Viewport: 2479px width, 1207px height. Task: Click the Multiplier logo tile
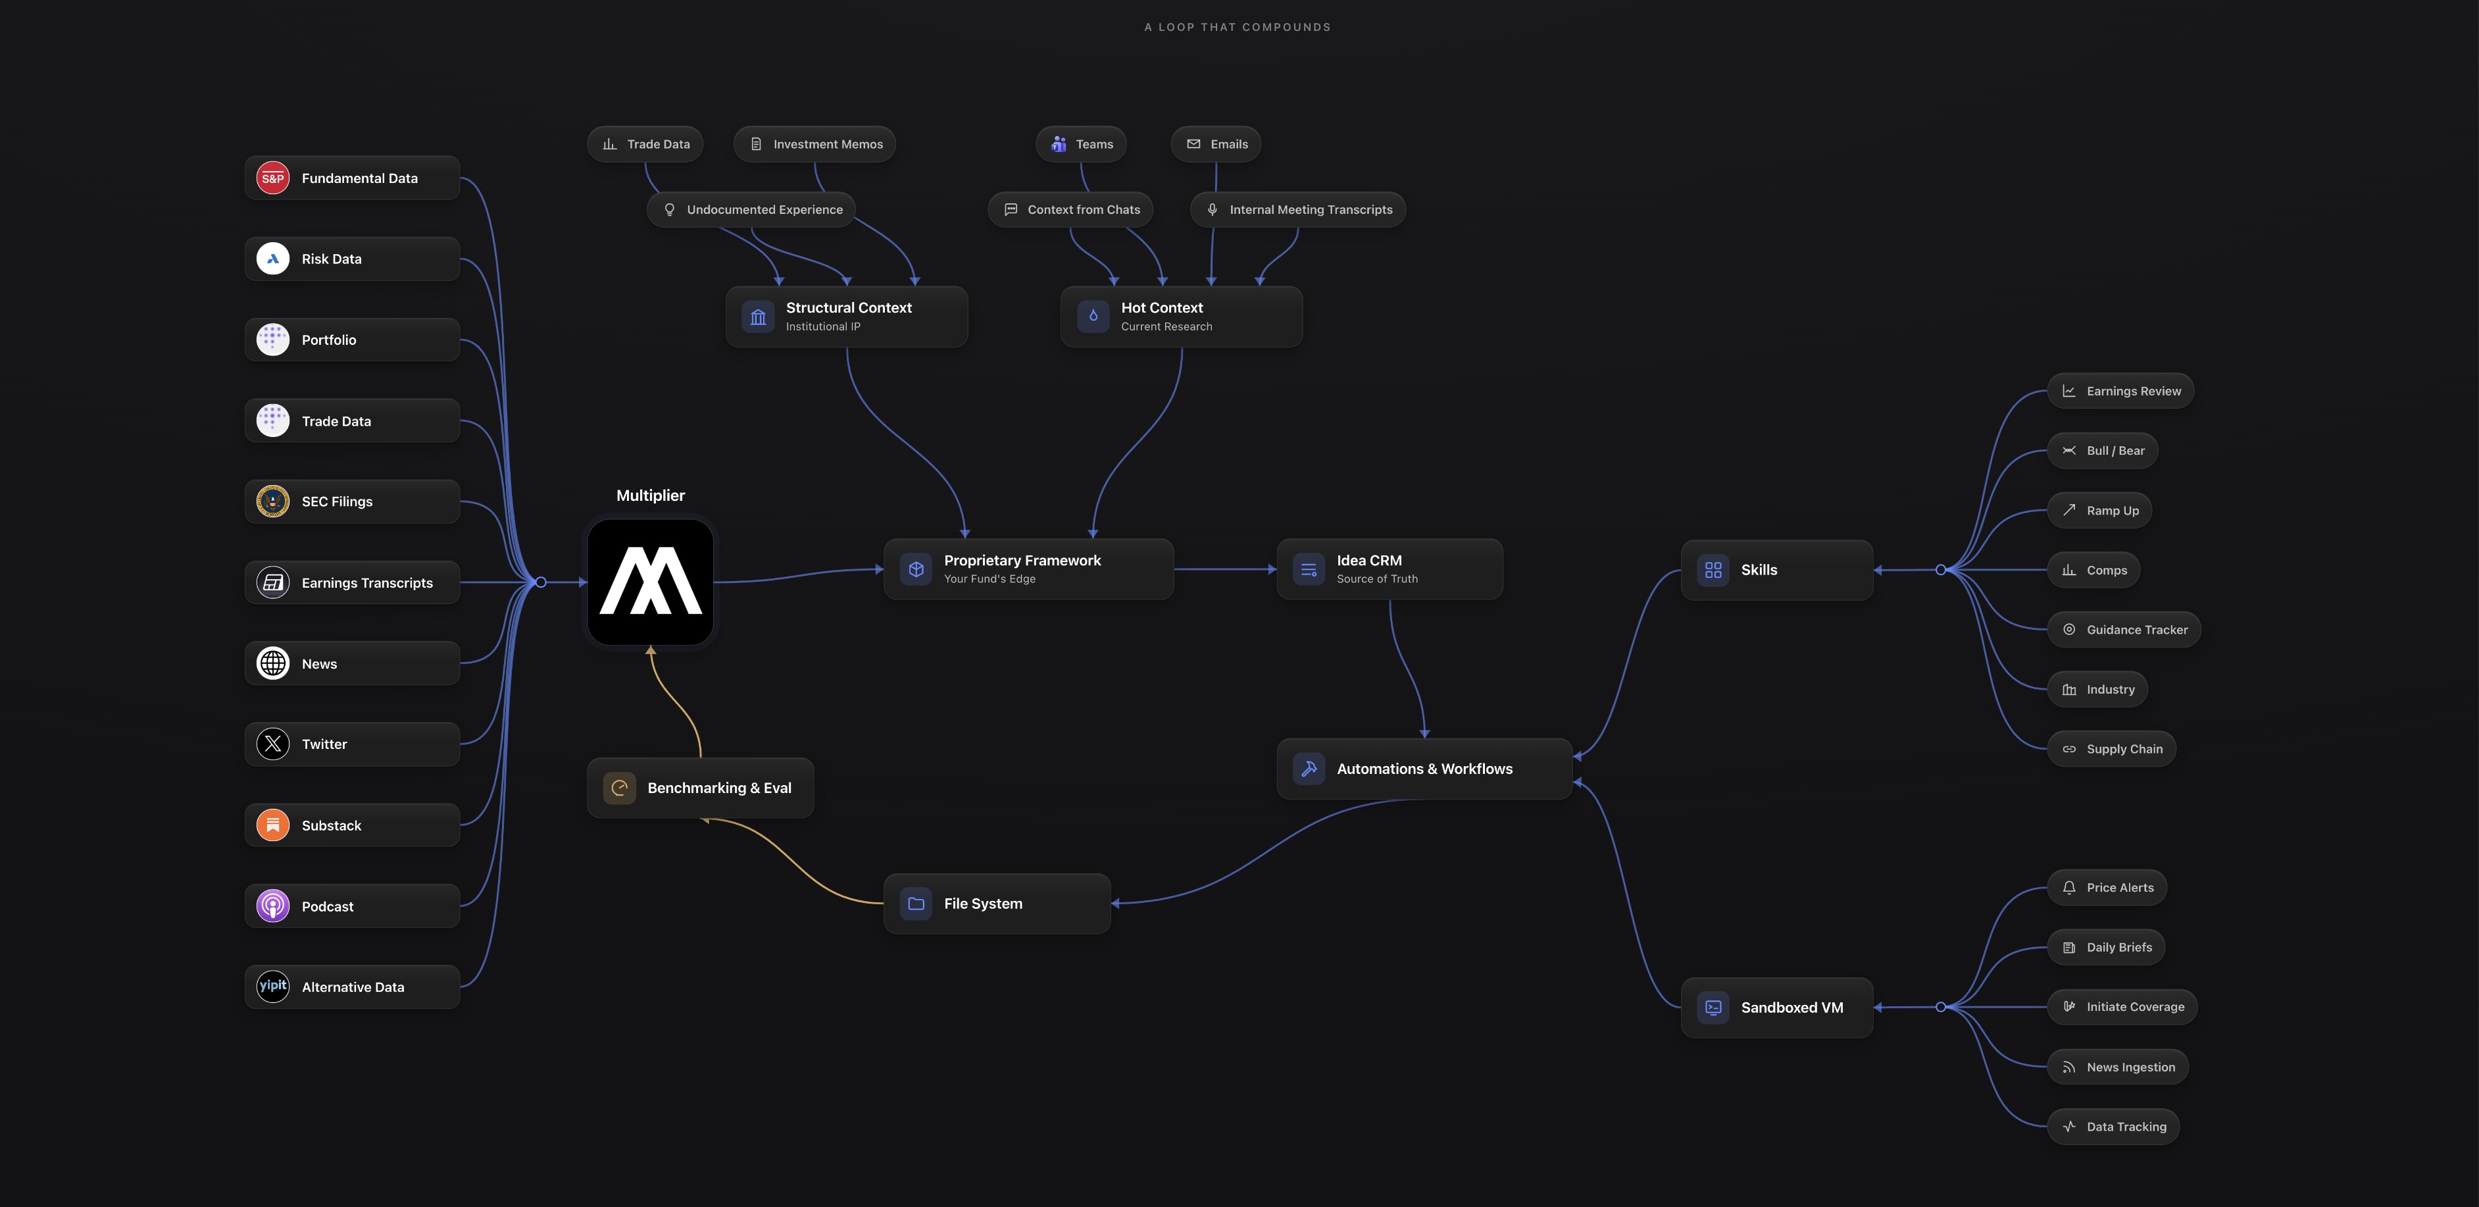[651, 582]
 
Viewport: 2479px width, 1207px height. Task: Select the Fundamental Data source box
[352, 178]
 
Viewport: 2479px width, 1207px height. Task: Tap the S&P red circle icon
[273, 178]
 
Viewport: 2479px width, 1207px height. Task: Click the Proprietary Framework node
[1029, 569]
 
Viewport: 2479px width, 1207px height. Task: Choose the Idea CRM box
[1390, 569]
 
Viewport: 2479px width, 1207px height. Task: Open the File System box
[997, 904]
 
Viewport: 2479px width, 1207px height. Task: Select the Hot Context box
[1182, 317]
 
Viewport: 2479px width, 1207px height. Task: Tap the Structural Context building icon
[759, 317]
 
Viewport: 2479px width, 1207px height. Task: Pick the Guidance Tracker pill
[2124, 629]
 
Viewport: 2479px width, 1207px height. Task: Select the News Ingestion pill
[2118, 1066]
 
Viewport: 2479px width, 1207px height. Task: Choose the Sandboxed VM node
[1776, 1008]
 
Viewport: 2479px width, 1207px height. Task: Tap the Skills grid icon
[1713, 570]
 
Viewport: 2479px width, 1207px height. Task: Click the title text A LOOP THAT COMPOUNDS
[1238, 27]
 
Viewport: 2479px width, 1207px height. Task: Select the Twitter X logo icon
[273, 744]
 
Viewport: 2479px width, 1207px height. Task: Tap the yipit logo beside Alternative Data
[273, 987]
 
